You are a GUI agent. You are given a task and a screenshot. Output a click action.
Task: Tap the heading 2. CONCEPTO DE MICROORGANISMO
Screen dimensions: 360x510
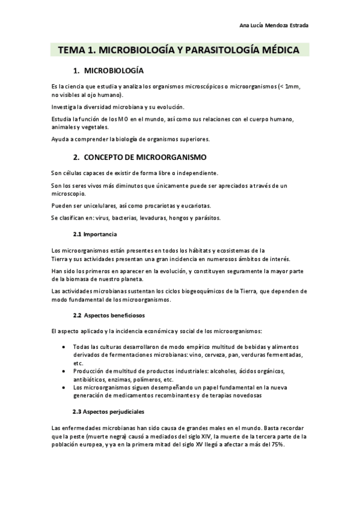(x=139, y=157)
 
